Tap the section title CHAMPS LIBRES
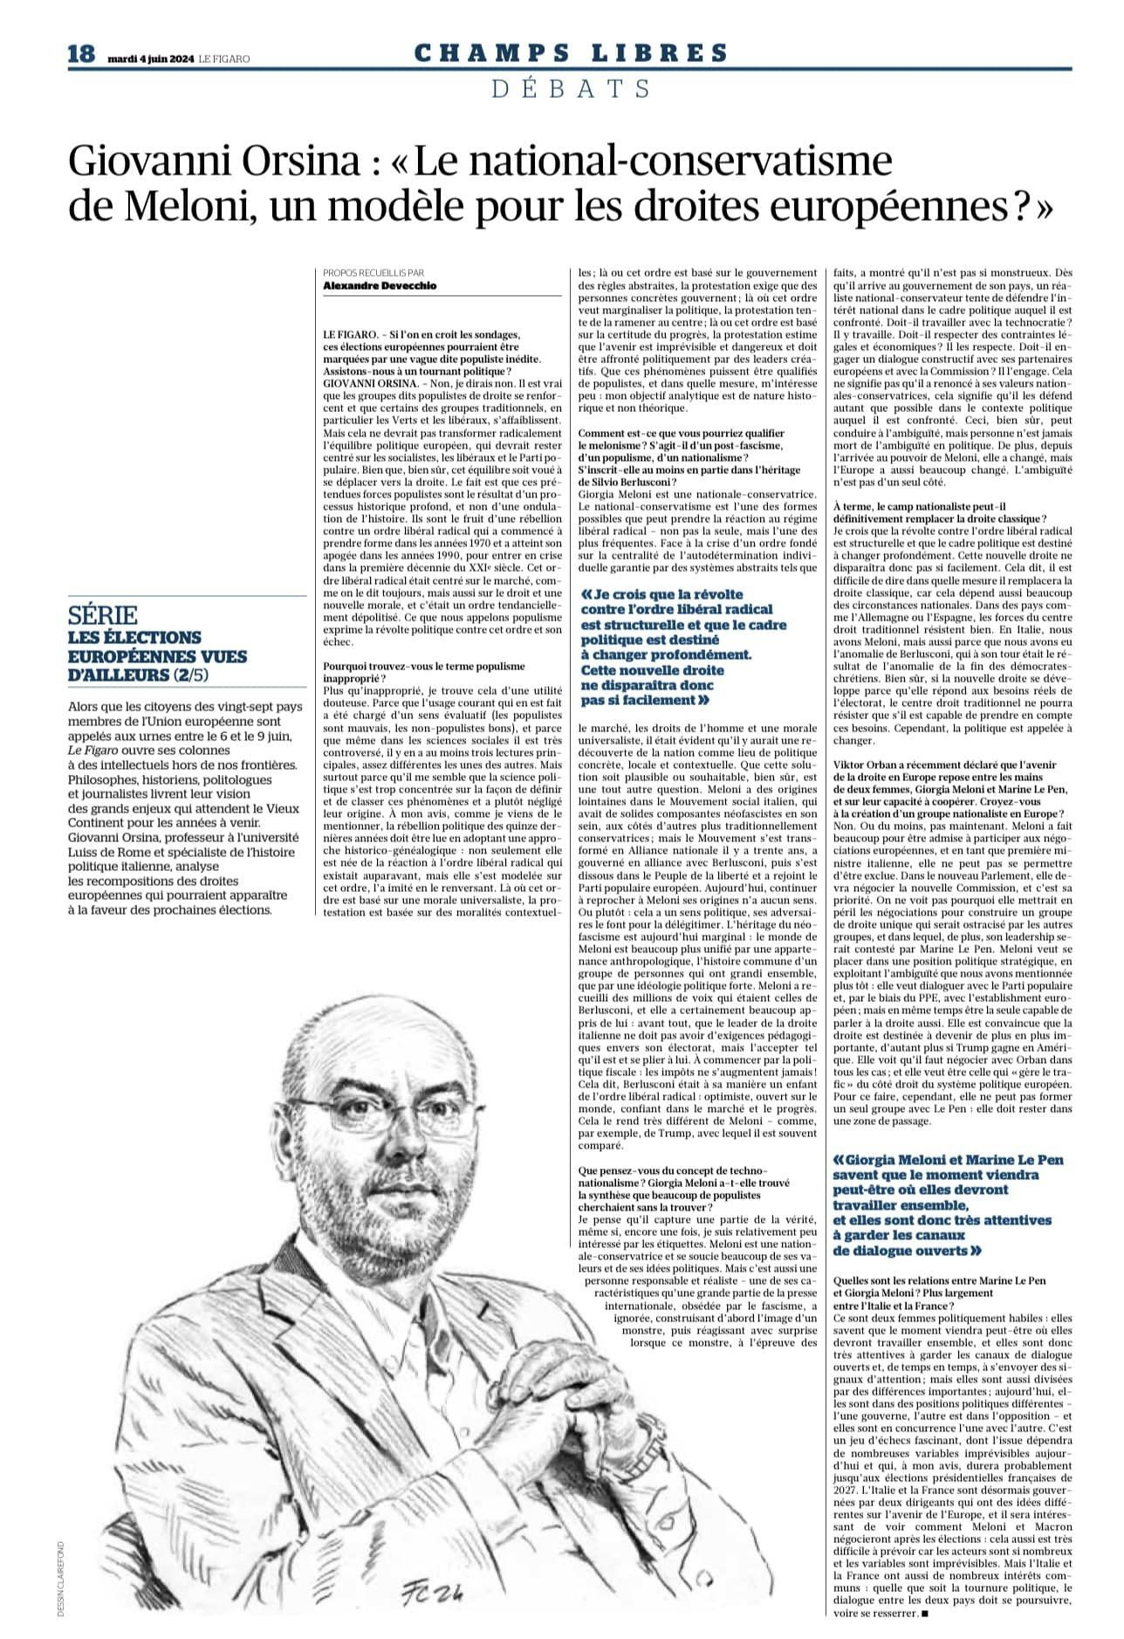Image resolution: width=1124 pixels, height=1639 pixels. coord(571,54)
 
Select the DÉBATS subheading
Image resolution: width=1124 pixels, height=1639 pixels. coord(571,87)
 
